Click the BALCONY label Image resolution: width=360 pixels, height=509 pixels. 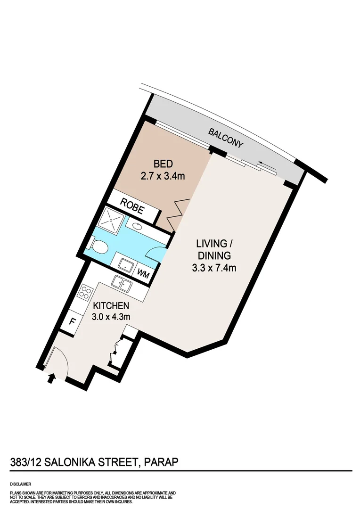coord(227,137)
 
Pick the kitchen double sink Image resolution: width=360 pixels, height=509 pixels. coord(122,284)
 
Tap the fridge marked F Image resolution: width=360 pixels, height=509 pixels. coord(73,323)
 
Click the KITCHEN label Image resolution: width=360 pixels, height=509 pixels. coord(111,305)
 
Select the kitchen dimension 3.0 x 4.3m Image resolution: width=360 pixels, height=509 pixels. coord(111,317)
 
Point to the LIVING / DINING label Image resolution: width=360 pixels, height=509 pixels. coord(214,250)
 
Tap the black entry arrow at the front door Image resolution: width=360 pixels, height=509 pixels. coord(51,378)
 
